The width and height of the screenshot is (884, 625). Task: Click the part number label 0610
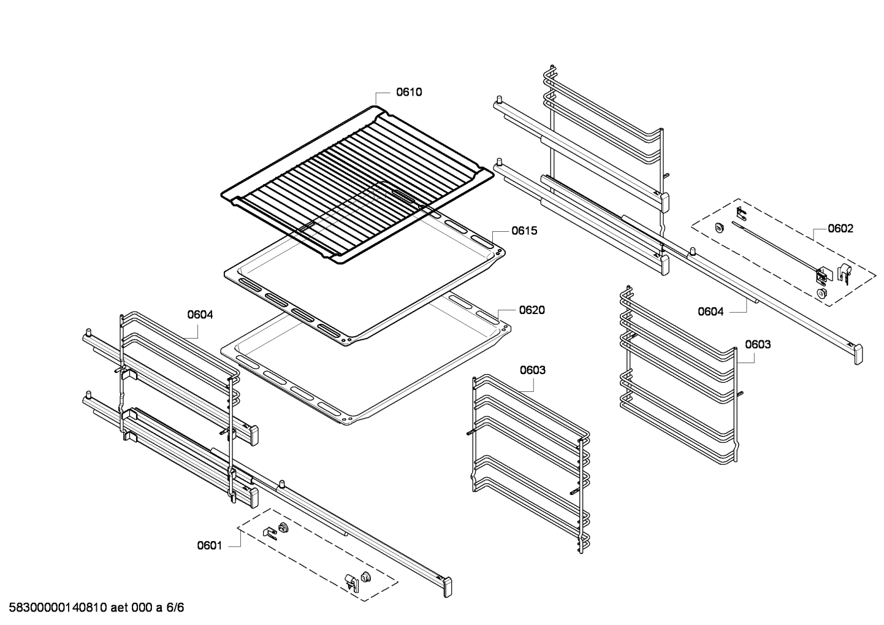[x=409, y=92]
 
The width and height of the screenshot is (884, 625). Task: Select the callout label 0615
[x=524, y=231]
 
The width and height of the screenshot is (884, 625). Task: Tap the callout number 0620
[x=532, y=310]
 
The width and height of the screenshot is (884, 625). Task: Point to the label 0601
[x=210, y=546]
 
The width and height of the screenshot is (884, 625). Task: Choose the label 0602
[x=840, y=228]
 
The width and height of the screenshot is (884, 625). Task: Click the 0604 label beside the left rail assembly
[x=200, y=315]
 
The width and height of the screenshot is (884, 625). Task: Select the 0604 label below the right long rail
[x=711, y=312]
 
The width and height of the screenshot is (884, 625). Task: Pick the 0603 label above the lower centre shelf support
[x=532, y=370]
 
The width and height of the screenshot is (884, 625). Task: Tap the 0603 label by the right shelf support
[x=758, y=344]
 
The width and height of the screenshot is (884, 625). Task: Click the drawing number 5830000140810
[x=58, y=607]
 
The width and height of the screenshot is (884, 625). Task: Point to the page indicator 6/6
[x=175, y=607]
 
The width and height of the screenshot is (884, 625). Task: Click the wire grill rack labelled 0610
[x=357, y=185]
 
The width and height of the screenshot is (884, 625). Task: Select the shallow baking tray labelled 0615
[x=364, y=277]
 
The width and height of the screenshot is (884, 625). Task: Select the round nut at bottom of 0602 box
[x=821, y=293]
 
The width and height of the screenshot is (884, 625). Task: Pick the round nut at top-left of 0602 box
[x=720, y=227]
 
